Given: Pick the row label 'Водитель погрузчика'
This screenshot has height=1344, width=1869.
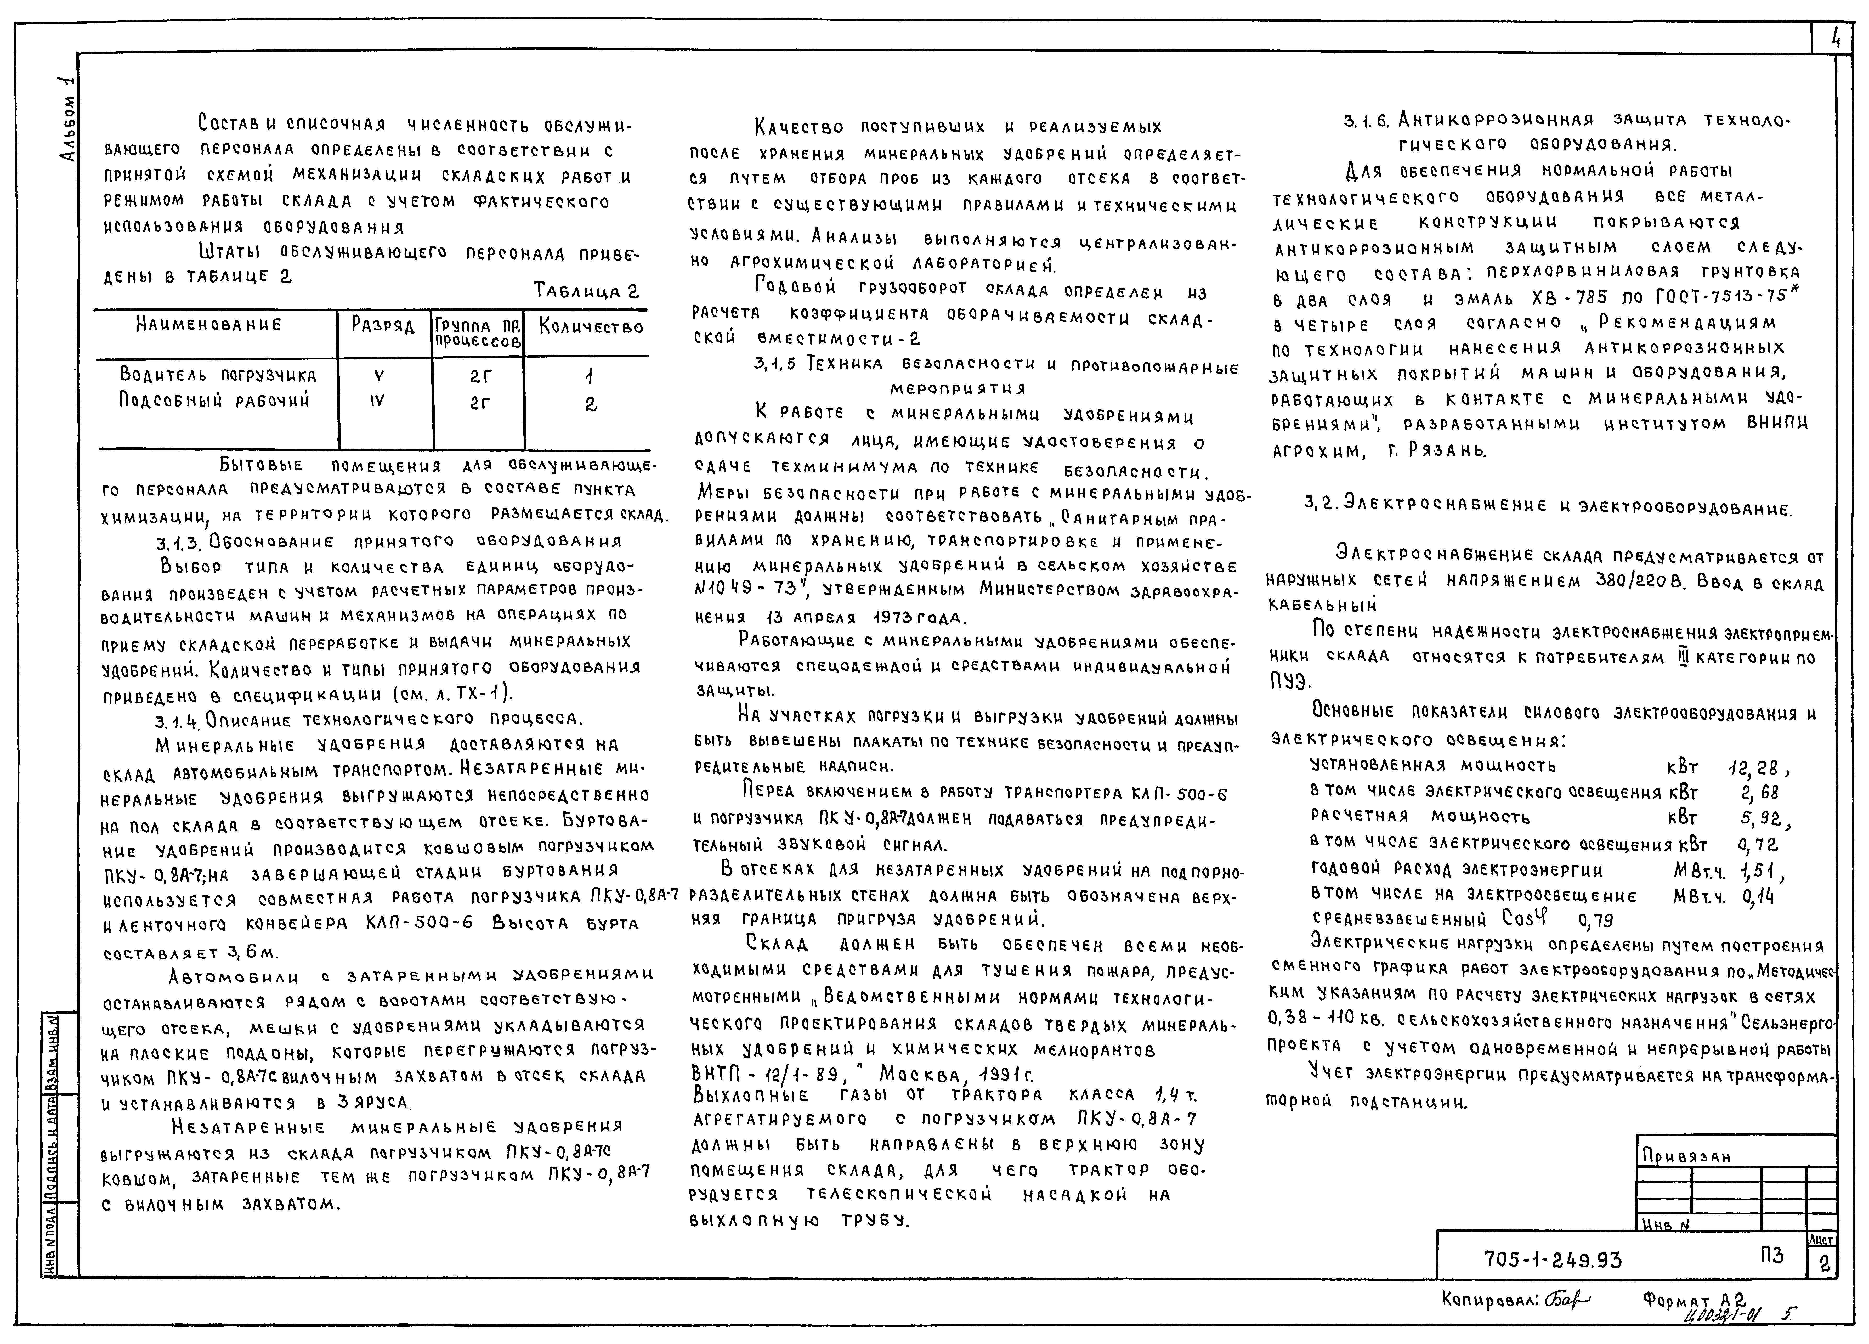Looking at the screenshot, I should point(218,376).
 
